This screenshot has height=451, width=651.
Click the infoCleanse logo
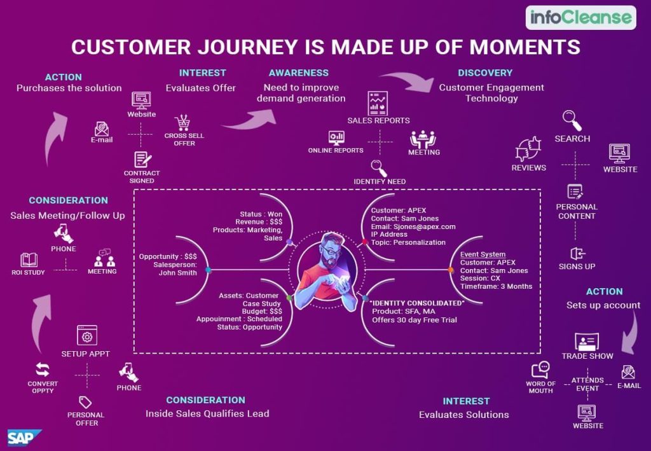point(580,17)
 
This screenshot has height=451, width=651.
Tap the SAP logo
point(24,438)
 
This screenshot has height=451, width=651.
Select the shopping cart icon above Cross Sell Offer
point(184,122)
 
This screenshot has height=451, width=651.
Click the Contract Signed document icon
point(142,160)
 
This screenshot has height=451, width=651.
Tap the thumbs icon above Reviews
point(528,148)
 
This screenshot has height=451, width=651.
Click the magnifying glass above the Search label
point(572,120)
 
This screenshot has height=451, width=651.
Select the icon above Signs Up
point(576,253)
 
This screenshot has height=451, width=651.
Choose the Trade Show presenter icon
point(587,341)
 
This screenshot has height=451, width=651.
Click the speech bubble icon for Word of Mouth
point(540,370)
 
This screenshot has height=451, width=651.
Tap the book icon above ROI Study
point(29,260)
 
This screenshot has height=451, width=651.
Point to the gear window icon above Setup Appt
point(86,335)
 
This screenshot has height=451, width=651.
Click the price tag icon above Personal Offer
point(85,402)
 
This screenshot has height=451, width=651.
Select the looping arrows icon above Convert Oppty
point(43,370)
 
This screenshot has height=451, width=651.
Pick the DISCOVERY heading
point(484,73)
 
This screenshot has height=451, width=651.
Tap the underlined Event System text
point(483,254)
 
